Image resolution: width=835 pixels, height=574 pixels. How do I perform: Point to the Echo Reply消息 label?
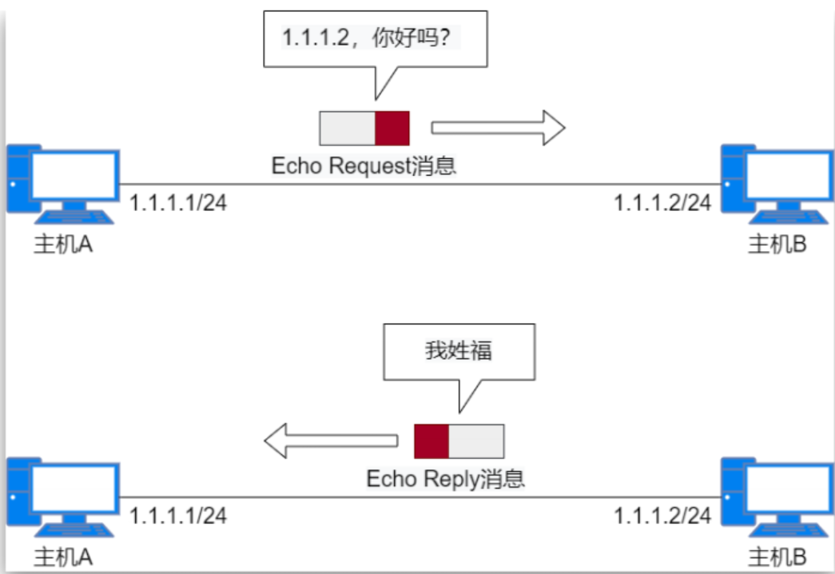point(445,479)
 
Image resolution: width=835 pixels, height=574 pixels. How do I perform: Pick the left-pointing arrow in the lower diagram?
point(331,440)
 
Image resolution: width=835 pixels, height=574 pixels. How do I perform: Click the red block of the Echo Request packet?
point(392,128)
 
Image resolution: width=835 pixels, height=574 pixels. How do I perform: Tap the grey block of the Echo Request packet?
point(348,128)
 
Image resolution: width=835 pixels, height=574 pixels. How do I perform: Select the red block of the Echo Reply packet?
point(431,440)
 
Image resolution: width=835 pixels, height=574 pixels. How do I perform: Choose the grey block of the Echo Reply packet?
point(476,440)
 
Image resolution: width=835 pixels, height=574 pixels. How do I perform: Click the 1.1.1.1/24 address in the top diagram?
point(178,203)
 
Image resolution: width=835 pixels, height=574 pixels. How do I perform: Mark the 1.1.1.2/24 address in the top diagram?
point(662,203)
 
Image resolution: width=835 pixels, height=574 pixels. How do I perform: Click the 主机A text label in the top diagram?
point(62,244)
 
